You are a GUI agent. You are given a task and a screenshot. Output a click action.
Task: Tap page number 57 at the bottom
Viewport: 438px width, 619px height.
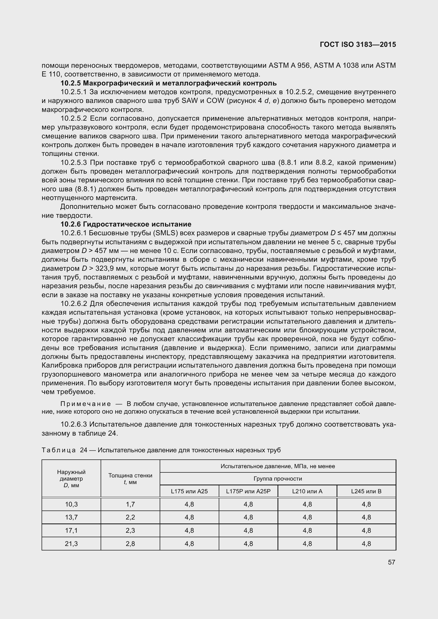tap(391, 562)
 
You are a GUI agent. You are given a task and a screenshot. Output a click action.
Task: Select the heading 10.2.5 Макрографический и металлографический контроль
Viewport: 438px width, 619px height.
tap(169, 83)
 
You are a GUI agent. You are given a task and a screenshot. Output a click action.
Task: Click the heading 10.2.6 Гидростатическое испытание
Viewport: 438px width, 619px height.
tap(126, 224)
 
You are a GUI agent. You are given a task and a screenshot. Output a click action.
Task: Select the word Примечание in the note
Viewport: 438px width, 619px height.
tap(86, 404)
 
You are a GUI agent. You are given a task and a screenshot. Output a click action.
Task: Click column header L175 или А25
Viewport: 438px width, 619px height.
tap(189, 491)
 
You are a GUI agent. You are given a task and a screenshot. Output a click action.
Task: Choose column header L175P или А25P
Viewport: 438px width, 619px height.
tap(248, 491)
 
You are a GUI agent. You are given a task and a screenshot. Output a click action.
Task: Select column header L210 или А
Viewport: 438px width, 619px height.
tap(307, 491)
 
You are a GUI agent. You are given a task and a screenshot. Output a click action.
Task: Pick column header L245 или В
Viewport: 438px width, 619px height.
tap(366, 491)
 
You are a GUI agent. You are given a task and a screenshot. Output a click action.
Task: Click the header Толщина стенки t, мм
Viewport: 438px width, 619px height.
tap(130, 478)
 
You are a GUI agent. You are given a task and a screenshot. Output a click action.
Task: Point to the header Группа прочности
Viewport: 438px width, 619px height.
tap(278, 478)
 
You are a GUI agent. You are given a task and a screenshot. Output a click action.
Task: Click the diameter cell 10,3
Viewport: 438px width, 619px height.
tap(71, 504)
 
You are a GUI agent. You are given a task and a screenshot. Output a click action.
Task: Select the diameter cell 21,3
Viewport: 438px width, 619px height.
tap(71, 544)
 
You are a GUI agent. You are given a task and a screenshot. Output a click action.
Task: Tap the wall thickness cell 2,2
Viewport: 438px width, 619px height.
tap(130, 517)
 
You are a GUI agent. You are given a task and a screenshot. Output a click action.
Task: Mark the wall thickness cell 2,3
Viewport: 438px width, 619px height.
tap(130, 530)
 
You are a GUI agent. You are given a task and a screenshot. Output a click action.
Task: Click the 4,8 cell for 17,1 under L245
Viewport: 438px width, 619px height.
tap(366, 530)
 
